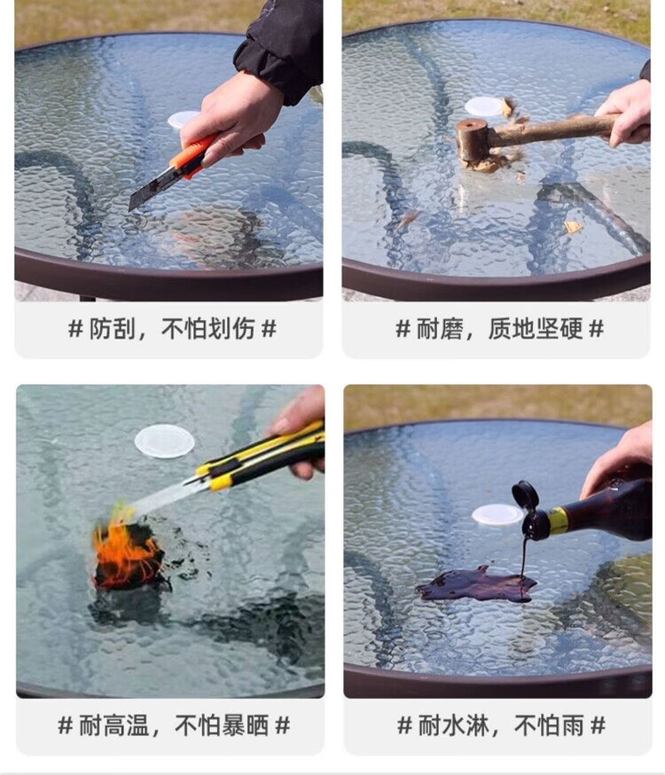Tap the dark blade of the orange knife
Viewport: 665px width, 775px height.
pyautogui.click(x=149, y=192)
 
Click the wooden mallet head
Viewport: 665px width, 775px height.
pyautogui.click(x=473, y=141)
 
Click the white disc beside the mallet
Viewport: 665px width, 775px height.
pyautogui.click(x=484, y=106)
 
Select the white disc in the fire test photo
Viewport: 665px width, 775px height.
pyautogui.click(x=165, y=442)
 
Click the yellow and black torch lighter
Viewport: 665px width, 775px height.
pyautogui.click(x=257, y=458)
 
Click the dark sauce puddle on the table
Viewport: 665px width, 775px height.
pyautogui.click(x=477, y=585)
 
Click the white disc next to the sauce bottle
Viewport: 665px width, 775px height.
pyautogui.click(x=497, y=515)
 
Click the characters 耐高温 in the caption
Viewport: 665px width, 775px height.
pyautogui.click(x=114, y=725)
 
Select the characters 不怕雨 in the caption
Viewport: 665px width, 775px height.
pyautogui.click(x=549, y=725)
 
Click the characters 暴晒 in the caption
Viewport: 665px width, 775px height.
pyautogui.click(x=245, y=725)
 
